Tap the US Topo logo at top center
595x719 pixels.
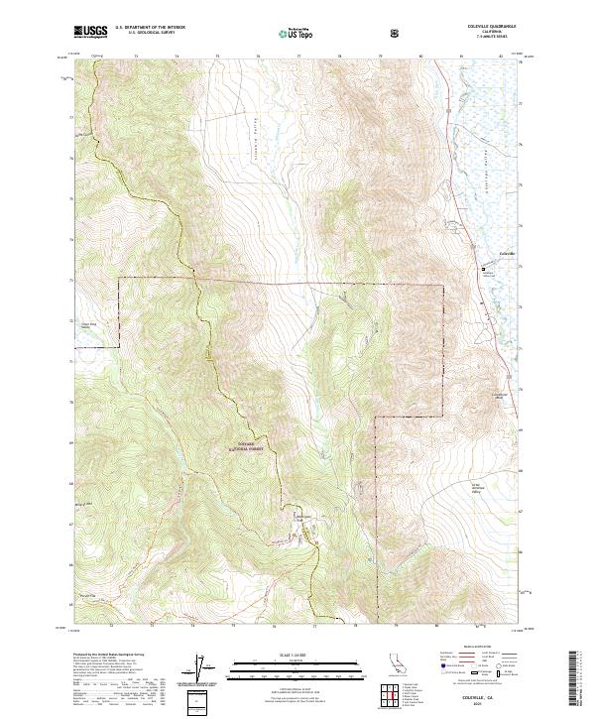(297, 32)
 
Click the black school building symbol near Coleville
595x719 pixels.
(484, 269)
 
